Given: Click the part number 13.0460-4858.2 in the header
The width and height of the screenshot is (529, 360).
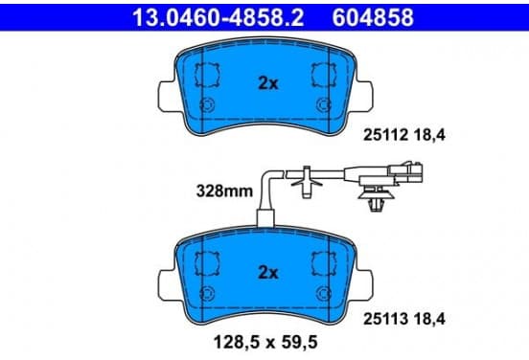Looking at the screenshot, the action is tap(218, 17).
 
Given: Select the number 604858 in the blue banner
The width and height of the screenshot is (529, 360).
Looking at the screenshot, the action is tap(373, 17).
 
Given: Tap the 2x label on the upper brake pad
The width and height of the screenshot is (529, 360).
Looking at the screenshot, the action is tap(268, 83).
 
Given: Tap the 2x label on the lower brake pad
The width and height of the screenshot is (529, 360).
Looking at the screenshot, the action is tap(268, 272).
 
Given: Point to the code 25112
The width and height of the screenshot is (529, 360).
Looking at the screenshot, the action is tap(385, 135).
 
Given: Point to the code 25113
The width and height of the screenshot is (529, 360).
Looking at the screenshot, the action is tap(385, 319).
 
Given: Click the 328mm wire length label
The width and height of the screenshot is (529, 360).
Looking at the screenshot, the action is tap(224, 191).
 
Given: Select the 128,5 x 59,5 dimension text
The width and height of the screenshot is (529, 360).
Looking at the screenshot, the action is tap(265, 343).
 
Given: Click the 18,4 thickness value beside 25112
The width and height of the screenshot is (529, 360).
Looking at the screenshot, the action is tap(430, 135).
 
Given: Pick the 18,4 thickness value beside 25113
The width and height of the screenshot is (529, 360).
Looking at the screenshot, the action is tap(430, 319).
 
